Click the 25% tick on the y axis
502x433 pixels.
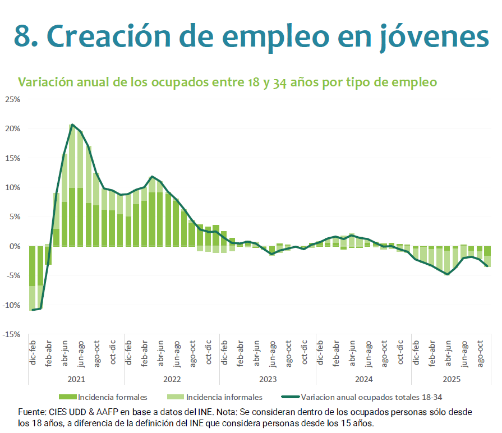[x=12, y=99]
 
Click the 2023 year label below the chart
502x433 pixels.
[x=268, y=379]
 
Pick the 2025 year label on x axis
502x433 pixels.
[x=452, y=379]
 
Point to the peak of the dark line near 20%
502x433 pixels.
[x=72, y=125]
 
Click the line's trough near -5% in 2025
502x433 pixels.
[x=448, y=274]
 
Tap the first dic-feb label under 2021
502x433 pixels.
[x=33, y=354]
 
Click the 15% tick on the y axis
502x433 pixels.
[x=12, y=158]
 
